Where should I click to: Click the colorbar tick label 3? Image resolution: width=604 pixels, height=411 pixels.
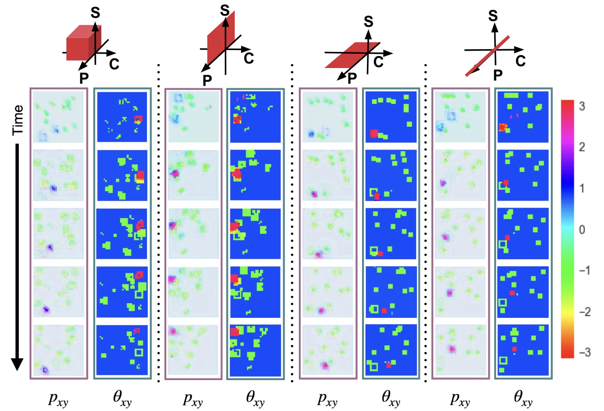[x=582, y=107]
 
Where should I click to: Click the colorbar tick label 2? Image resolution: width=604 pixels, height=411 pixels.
[x=582, y=147]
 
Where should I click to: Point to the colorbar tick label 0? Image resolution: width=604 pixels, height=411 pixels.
[x=582, y=230]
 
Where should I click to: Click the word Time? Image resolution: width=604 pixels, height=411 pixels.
[x=17, y=120]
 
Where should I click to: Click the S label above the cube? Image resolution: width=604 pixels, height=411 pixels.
[x=95, y=13]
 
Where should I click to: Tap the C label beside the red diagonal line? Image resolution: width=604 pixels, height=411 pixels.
[x=520, y=61]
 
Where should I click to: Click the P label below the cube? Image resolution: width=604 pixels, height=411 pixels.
[x=84, y=79]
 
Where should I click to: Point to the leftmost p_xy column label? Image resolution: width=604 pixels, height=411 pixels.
[x=58, y=398]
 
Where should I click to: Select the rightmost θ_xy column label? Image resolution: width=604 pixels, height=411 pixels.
[x=523, y=398]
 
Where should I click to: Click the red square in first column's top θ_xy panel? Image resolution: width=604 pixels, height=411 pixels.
[x=138, y=119]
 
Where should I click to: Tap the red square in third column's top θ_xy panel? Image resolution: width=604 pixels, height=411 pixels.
[x=374, y=133]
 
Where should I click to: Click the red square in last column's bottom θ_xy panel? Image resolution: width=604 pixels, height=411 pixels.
[x=514, y=349]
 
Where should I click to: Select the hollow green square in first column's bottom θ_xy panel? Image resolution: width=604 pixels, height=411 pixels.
[x=138, y=352]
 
